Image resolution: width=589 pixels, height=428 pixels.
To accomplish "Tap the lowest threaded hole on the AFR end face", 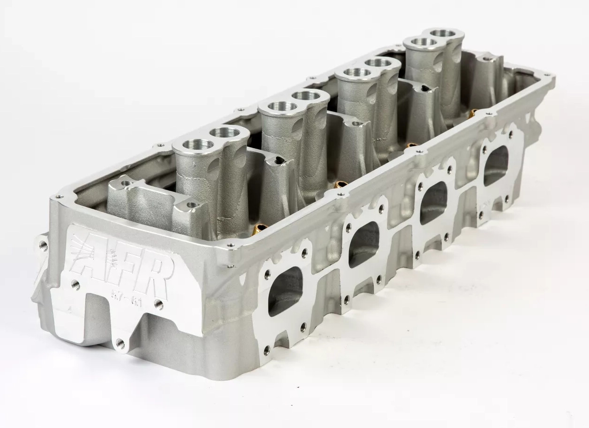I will click(120, 344).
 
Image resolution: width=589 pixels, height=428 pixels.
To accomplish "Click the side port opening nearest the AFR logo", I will click(285, 291).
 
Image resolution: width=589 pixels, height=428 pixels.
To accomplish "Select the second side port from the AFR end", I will click(364, 244).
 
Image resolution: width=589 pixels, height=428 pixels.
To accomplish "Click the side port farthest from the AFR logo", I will click(496, 165).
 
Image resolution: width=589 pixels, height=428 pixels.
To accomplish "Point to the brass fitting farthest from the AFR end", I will click(474, 113).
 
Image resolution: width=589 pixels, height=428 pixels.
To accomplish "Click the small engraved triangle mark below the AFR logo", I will click(69, 309).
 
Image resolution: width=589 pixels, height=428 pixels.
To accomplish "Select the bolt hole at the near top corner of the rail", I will click(59, 197).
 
